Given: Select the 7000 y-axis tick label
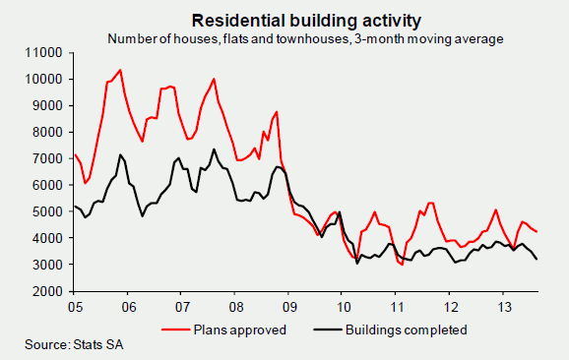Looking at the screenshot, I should tap(48, 158).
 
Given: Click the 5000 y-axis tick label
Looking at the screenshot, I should tap(48, 211).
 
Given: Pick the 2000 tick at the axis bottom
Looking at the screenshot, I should tap(48, 292).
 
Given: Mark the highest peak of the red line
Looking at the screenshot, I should tap(120, 70).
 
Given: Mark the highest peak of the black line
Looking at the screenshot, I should tap(214, 150).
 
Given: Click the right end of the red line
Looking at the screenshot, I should tap(537, 232).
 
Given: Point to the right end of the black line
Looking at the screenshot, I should tap(537, 260).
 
